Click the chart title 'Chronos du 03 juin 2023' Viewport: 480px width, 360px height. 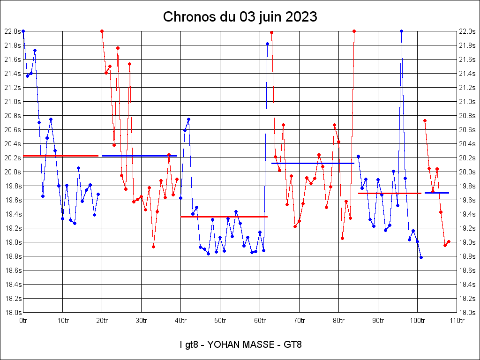tap(240, 17)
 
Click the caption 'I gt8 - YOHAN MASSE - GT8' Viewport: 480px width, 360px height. tap(240, 345)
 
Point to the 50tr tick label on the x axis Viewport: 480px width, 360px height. tap(220, 321)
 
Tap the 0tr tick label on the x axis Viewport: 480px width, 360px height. tap(23, 321)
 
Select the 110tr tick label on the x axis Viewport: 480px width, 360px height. tap(457, 321)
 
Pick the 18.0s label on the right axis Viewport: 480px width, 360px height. tap(467, 313)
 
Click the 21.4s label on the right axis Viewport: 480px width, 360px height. tap(467, 74)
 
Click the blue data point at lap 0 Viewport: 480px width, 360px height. tap(23, 31)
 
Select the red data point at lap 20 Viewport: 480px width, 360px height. tap(102, 31)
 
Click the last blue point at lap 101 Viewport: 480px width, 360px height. tap(421, 257)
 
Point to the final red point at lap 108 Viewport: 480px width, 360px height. tap(449, 241)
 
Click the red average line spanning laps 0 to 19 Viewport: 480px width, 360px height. tap(60, 156)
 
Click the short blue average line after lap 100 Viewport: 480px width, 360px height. tap(437, 193)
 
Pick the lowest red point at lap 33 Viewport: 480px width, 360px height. tap(153, 247)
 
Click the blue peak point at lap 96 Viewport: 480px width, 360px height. tap(401, 31)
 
